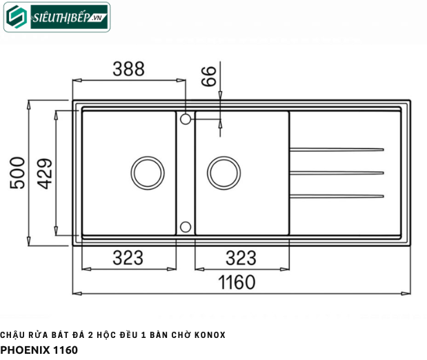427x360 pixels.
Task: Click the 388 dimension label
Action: [x=128, y=69]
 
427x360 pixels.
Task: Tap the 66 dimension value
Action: [x=209, y=75]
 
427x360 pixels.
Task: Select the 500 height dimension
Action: [x=17, y=172]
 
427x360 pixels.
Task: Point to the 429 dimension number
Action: [x=44, y=172]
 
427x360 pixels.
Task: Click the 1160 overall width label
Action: [x=237, y=282]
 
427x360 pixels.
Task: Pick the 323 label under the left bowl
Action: [x=128, y=258]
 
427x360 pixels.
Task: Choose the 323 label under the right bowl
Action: [x=241, y=258]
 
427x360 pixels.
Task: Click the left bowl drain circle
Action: [x=146, y=172]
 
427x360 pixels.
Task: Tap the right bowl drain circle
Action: [x=223, y=172]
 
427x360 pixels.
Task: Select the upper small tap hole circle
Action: [x=185, y=120]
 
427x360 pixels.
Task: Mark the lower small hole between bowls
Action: [x=185, y=226]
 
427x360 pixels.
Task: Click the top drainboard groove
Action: [x=337, y=149]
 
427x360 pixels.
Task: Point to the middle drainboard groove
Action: [x=337, y=172]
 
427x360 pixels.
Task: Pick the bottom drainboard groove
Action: [x=337, y=196]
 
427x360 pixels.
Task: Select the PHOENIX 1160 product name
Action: [x=39, y=350]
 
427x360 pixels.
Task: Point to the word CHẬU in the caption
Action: [x=12, y=335]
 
